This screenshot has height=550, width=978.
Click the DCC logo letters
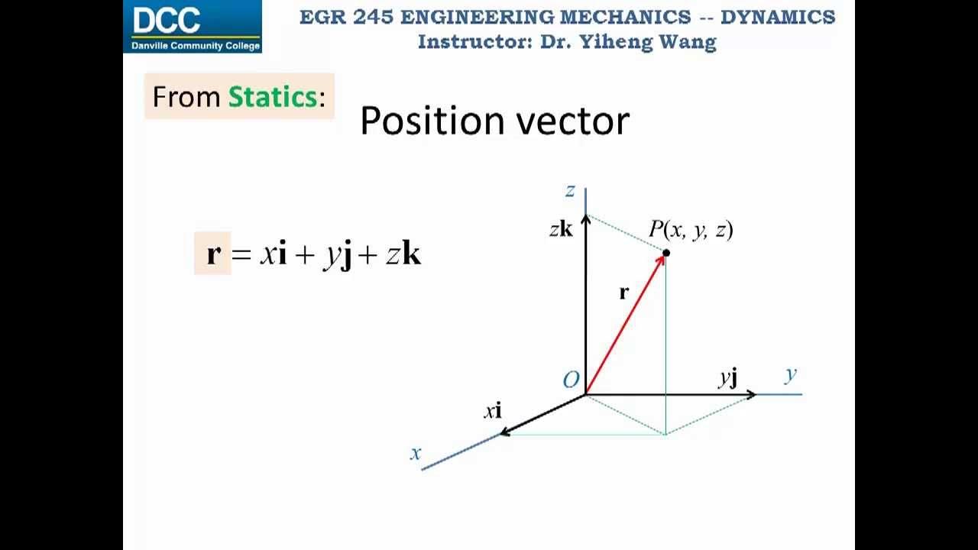tap(167, 21)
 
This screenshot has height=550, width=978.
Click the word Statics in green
tap(272, 97)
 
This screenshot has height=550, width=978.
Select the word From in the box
tap(187, 97)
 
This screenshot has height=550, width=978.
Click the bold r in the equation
tap(213, 254)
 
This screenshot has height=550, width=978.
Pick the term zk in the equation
tap(403, 254)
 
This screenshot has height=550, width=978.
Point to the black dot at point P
tap(666, 253)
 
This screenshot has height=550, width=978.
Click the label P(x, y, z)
tap(691, 229)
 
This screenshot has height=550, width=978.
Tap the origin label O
tap(571, 380)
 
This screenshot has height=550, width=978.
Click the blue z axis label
tap(569, 191)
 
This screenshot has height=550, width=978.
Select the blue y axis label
tap(790, 374)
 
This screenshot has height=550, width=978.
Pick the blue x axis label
tap(415, 453)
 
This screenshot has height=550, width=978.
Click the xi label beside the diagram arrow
tap(493, 411)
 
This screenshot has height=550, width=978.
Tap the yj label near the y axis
tap(728, 377)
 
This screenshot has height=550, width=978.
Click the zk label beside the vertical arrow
tap(561, 228)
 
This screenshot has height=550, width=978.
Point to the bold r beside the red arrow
tap(623, 292)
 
